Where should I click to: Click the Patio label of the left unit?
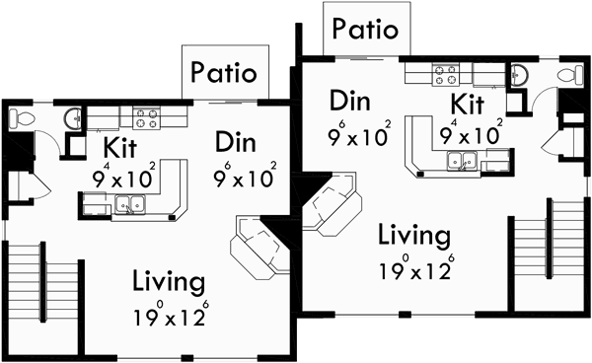point(224,72)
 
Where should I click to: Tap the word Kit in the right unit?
point(468,104)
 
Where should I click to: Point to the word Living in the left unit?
point(170,283)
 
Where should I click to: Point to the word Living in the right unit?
point(414,237)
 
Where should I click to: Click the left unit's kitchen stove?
point(146,118)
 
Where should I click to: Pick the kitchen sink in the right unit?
point(471,160)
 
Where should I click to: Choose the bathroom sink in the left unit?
point(72,118)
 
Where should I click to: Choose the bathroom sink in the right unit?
point(520,74)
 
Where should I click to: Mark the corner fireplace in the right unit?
point(329,202)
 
